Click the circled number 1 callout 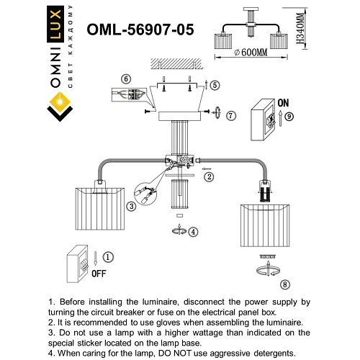click(x=107, y=257)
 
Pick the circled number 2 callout click(x=210, y=176)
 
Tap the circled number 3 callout click(x=131, y=207)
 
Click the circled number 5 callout click(x=215, y=84)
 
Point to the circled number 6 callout click(x=126, y=78)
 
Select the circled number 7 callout click(x=230, y=115)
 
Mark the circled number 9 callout click(x=288, y=116)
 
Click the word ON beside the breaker click(x=284, y=102)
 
